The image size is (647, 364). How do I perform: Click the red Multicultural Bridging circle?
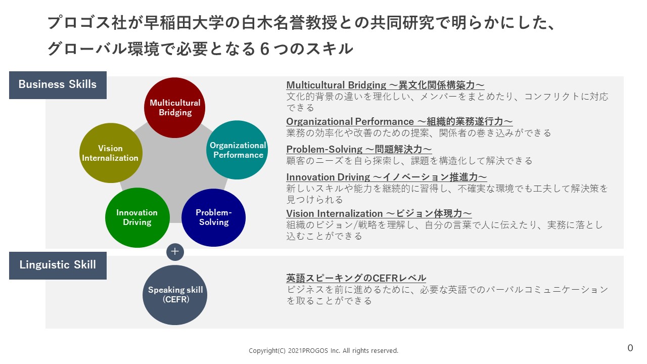point(175,108)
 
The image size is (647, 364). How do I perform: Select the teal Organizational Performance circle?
point(238,150)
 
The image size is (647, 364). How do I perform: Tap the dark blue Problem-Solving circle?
point(213,217)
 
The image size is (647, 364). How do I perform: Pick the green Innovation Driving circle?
point(136,217)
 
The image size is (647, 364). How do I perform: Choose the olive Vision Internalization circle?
point(111,153)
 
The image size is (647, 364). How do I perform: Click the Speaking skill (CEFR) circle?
point(175,295)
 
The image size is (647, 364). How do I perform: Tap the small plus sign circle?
point(175,251)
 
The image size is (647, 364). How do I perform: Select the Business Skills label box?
point(58,84)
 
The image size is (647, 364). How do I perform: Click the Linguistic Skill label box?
point(58,265)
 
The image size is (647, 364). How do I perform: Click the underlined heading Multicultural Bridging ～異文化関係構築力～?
point(385,85)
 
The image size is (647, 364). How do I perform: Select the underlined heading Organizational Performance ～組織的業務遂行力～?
point(399,121)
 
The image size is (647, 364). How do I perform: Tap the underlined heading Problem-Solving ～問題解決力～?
point(359,149)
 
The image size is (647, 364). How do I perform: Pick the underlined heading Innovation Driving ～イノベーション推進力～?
point(386,177)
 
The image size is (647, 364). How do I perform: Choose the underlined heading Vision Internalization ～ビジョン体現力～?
point(379,213)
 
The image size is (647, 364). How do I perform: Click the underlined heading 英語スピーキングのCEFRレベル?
point(356,278)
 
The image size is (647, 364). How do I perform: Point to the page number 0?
point(630,348)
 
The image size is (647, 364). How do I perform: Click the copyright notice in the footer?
point(323,350)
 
